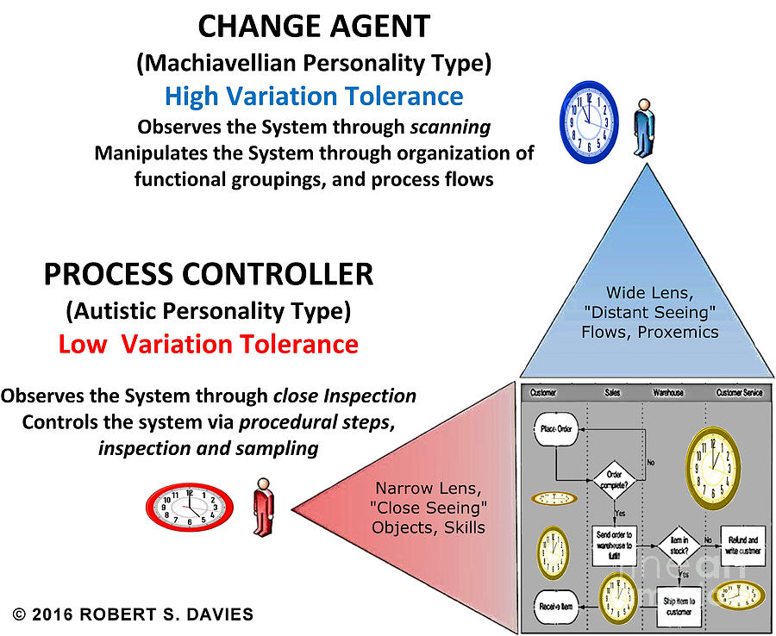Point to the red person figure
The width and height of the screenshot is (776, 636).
pyautogui.click(x=261, y=508)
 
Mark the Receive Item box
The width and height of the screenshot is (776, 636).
pyautogui.click(x=555, y=606)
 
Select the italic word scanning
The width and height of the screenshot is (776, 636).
pyautogui.click(x=449, y=127)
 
